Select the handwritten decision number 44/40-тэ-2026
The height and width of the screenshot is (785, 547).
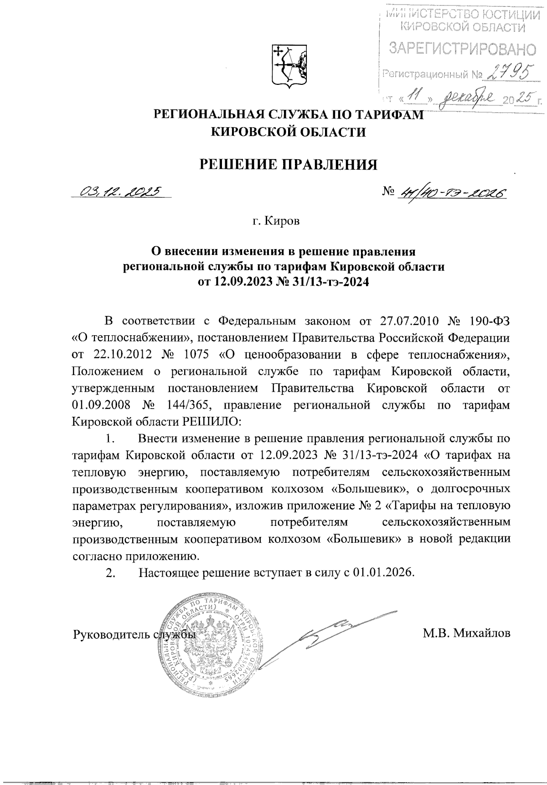[452, 193]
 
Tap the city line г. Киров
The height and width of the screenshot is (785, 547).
[277, 222]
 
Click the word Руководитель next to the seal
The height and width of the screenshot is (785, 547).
[112, 634]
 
